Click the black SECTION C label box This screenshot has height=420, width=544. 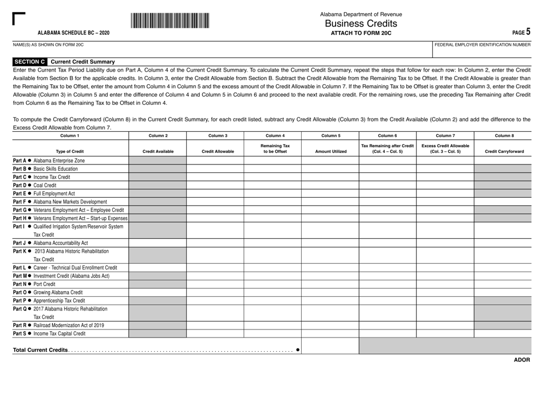coord(30,62)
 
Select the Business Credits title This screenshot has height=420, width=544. coord(361,23)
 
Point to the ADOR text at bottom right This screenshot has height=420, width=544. coord(522,360)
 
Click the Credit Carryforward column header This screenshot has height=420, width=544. coord(504,151)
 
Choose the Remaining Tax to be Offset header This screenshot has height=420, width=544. coord(273,148)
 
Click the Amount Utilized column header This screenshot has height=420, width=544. coord(330,151)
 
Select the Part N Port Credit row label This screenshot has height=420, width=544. coord(35,284)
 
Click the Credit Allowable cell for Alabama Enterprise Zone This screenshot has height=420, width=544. coord(215,161)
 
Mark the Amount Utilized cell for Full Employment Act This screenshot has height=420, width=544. coord(330,194)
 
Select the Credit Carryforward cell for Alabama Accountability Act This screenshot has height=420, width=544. coord(504,243)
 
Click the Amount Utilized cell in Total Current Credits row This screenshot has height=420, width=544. coord(330,346)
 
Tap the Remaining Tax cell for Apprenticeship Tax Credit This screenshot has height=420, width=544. coord(273,300)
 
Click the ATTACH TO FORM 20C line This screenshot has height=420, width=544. coord(361,33)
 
